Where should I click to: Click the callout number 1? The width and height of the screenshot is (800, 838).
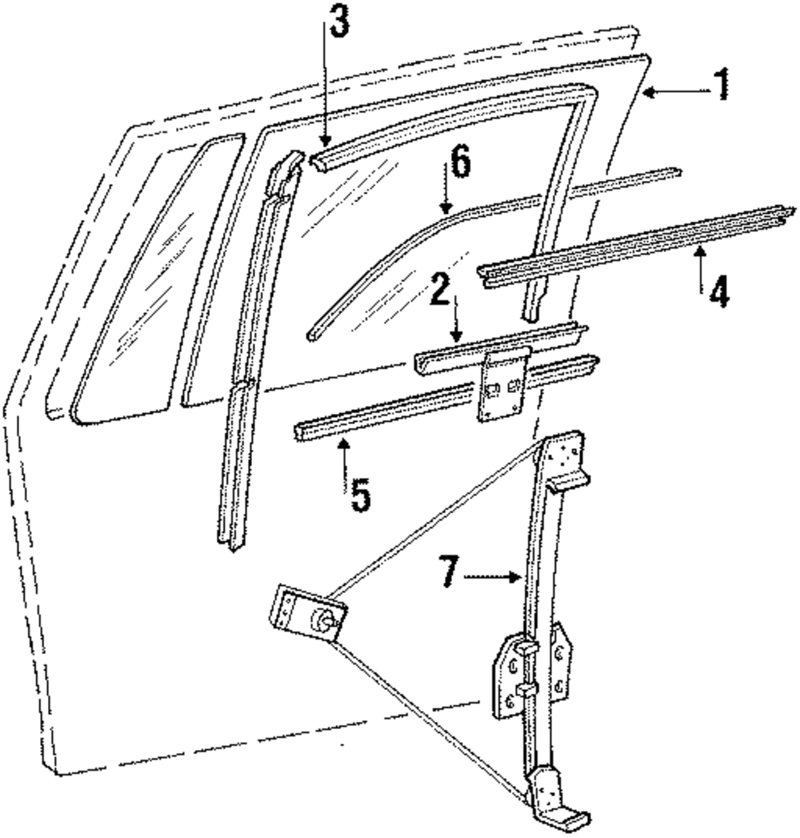722,86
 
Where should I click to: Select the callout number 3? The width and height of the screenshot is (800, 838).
339,25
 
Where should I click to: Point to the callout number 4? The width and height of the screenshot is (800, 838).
718,291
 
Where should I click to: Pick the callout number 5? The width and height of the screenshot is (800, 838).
359,495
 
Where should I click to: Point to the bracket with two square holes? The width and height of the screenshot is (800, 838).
502,388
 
